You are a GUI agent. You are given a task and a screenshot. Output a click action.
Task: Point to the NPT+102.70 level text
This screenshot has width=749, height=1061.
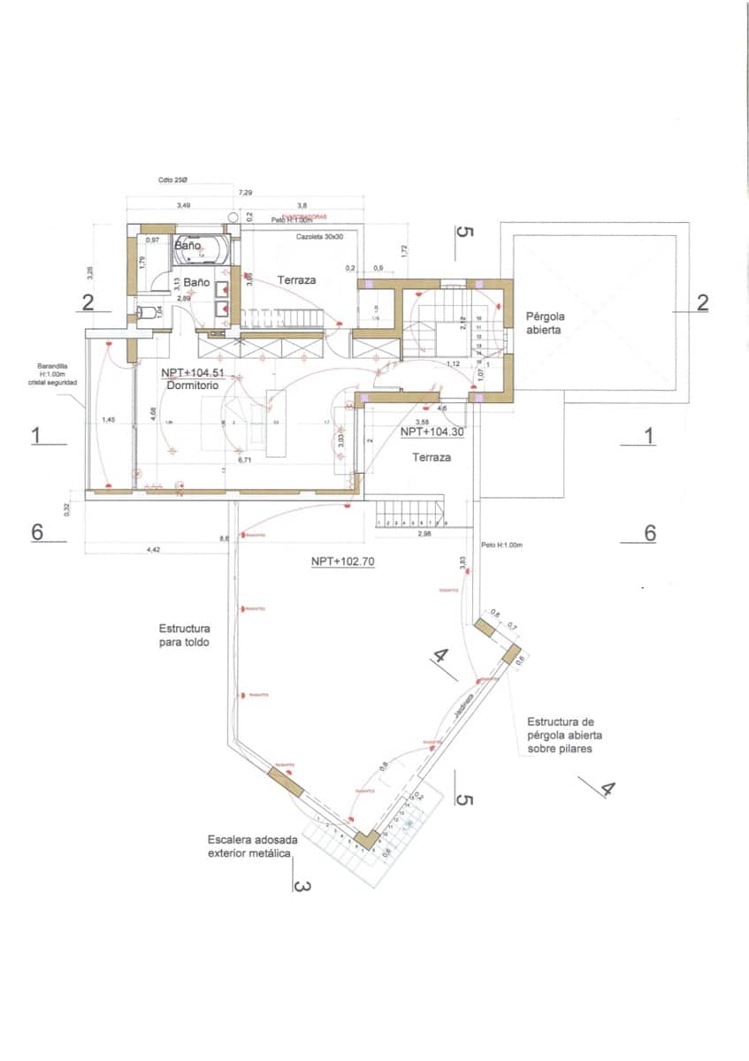[342, 561]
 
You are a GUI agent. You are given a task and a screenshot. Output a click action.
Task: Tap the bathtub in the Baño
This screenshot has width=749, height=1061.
[203, 249]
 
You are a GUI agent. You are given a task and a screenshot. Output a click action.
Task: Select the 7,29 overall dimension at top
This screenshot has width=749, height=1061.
[245, 193]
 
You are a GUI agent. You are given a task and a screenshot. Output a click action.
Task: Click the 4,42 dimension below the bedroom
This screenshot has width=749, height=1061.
[152, 550]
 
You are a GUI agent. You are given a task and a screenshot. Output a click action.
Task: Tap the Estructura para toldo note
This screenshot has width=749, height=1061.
[185, 636]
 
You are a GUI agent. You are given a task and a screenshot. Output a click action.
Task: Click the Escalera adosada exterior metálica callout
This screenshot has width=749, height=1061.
[251, 846]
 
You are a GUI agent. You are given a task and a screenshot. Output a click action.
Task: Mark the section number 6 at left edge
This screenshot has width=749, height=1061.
[37, 532]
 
